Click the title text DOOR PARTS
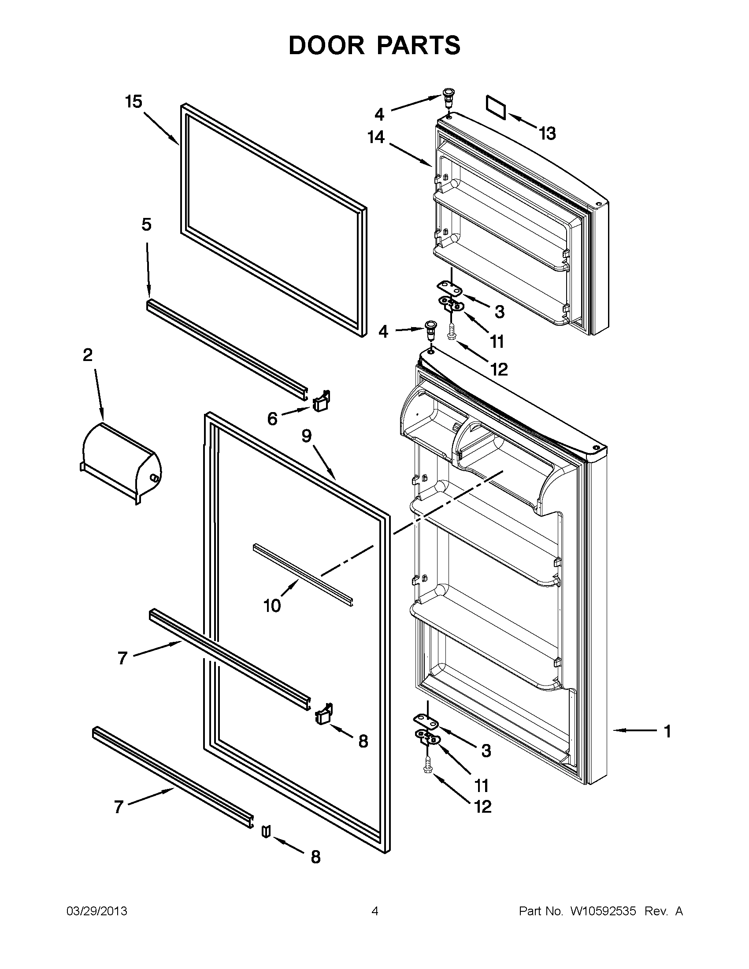click(374, 46)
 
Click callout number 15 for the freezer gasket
click(133, 102)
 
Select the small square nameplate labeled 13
click(497, 107)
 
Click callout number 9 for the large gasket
click(307, 436)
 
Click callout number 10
click(272, 606)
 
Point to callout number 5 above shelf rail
click(146, 225)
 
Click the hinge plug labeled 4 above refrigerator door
click(430, 329)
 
